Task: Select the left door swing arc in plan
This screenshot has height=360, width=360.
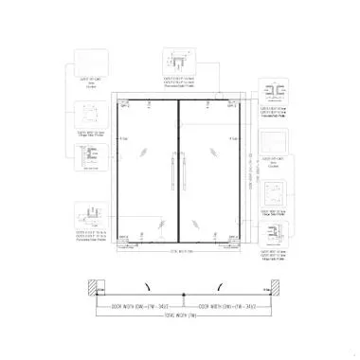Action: pyautogui.click(x=146, y=283)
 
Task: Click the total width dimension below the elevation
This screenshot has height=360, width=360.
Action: pyautogui.click(x=180, y=253)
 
